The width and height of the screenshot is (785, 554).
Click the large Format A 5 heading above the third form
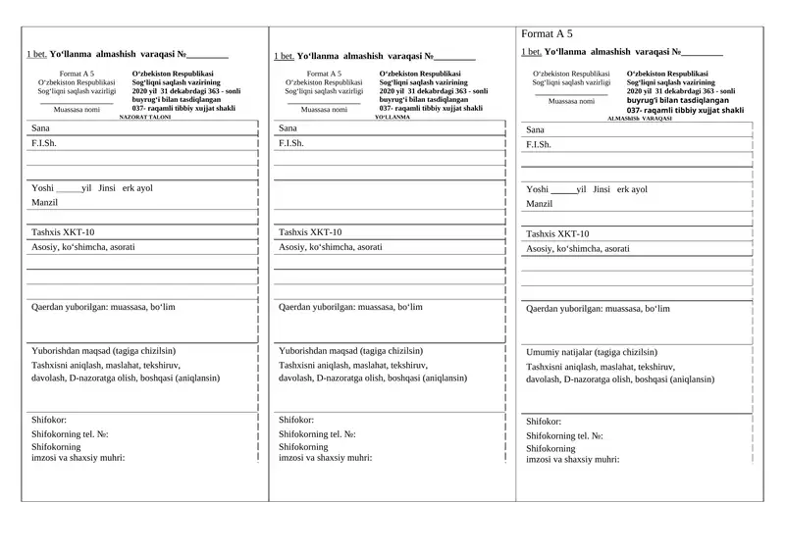547,34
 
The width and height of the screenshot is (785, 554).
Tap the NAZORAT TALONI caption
145,117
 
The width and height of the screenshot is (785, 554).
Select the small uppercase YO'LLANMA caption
392,117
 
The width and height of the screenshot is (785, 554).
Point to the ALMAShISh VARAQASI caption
640,119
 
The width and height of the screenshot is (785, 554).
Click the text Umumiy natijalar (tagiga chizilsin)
592,352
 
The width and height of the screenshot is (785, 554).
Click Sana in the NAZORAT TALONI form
40,128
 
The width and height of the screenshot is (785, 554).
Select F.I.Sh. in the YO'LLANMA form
291,143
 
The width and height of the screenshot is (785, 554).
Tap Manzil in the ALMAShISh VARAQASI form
540,204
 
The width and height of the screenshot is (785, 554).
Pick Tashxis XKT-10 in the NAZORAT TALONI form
63,232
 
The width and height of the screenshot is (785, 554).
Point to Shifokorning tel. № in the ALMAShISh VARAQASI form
564,435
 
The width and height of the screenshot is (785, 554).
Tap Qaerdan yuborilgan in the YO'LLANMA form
350,307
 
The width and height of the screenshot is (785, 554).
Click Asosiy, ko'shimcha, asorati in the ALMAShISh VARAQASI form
578,249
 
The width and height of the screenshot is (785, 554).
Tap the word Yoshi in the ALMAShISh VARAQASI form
538,189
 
